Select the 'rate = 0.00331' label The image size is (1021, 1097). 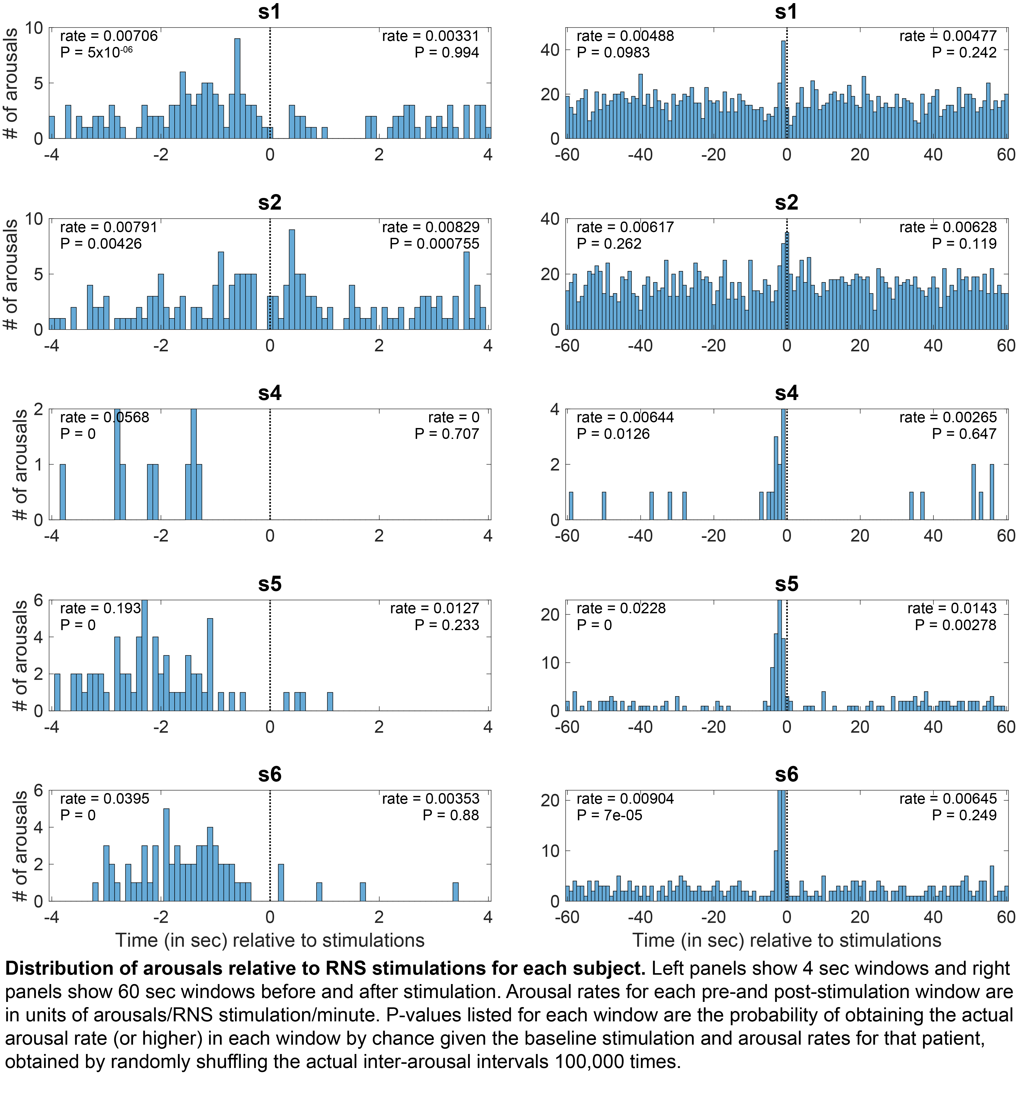point(431,37)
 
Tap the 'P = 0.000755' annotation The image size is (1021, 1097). point(434,243)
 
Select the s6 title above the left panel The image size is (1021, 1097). point(270,775)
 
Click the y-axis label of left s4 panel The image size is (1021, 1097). point(20,465)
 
